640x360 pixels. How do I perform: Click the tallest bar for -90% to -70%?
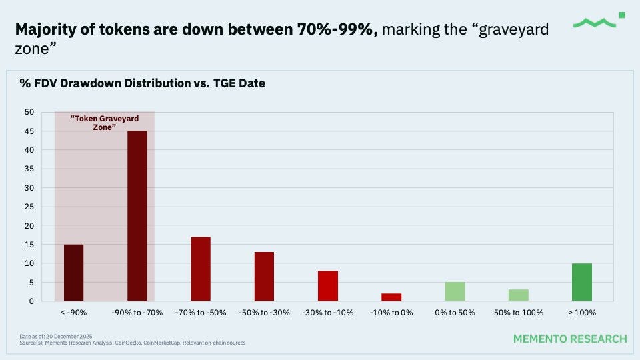pos(137,216)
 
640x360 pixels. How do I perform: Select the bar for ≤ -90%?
pos(73,273)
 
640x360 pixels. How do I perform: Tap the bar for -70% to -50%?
pos(201,269)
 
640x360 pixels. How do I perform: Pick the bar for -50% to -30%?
pos(264,276)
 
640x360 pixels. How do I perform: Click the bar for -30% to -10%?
pos(328,286)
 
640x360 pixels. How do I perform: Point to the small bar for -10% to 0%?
pos(391,297)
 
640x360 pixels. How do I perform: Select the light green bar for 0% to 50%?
pos(455,291)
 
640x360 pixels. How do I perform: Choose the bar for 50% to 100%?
pos(518,295)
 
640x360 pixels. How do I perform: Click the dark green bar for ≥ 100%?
pos(581,282)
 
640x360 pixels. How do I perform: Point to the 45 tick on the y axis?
pos(29,131)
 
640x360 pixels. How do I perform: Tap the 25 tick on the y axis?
pos(29,207)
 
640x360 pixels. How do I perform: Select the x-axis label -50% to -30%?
pos(264,313)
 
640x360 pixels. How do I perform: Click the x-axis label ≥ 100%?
pos(581,313)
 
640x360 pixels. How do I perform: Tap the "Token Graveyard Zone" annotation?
pos(104,123)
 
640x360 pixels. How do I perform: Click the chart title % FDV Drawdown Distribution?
pos(141,84)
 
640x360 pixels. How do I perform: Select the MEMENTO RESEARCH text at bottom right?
pos(570,339)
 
